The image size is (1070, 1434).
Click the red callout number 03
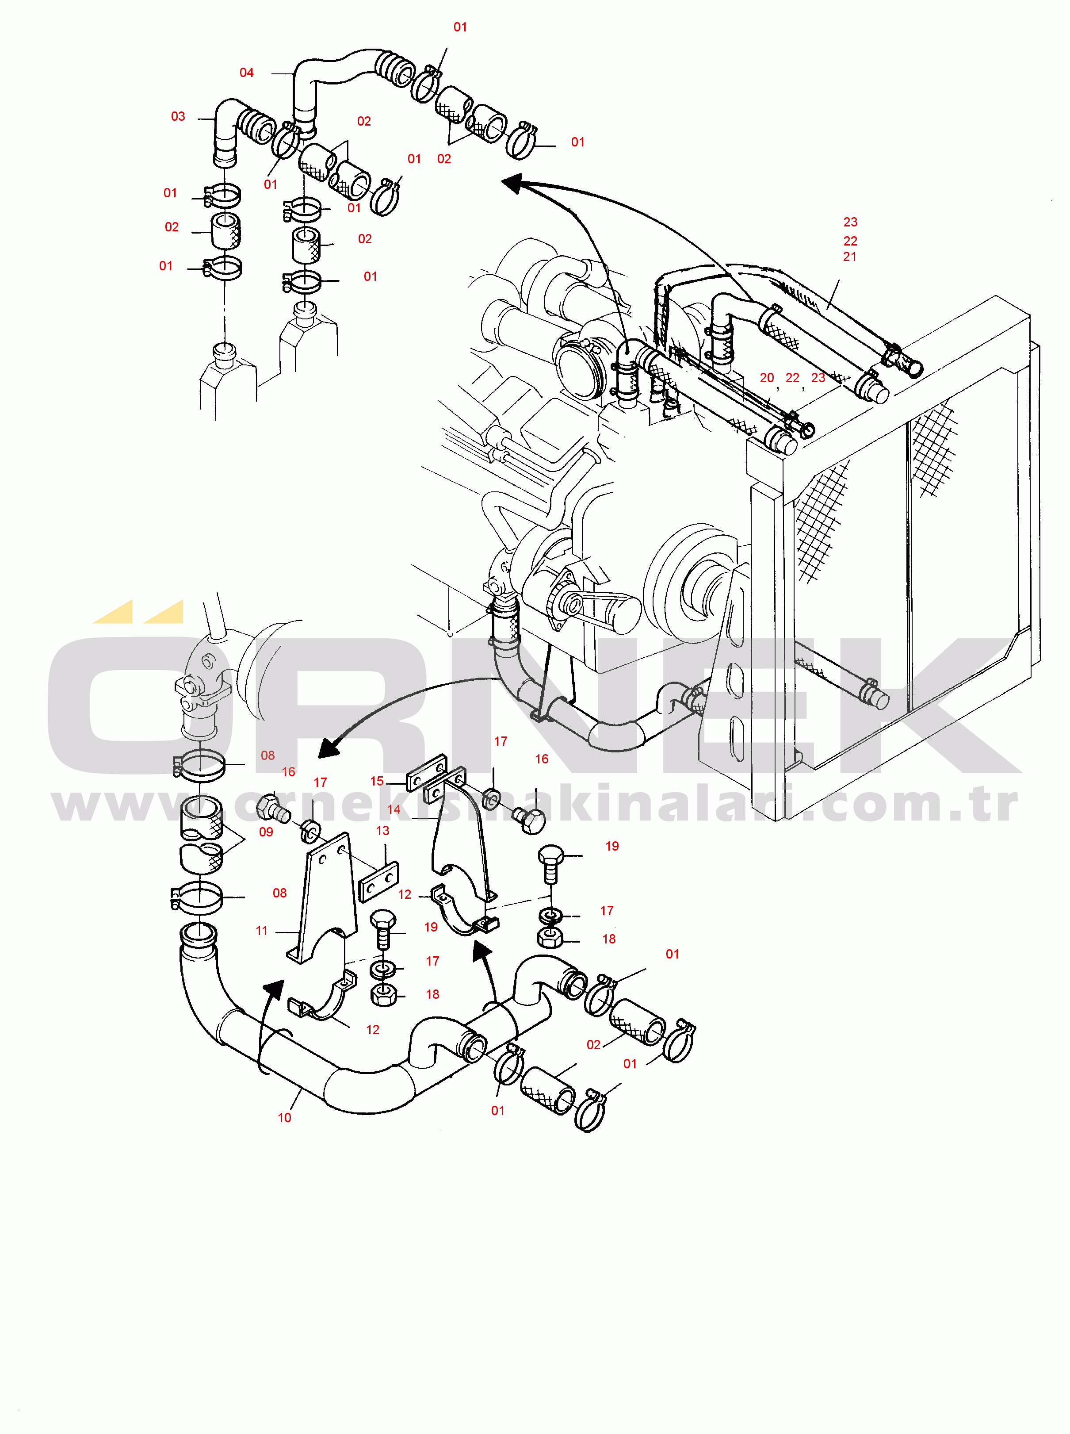pyautogui.click(x=178, y=117)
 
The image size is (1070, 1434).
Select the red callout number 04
pyautogui.click(x=247, y=73)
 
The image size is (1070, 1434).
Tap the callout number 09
pyautogui.click(x=266, y=832)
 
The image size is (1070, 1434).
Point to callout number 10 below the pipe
pyautogui.click(x=284, y=1118)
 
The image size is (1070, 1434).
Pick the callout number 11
pyautogui.click(x=262, y=931)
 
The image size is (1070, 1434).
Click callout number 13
pyautogui.click(x=383, y=831)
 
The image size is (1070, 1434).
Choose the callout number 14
pyautogui.click(x=394, y=809)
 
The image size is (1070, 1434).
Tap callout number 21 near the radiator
pyautogui.click(x=850, y=257)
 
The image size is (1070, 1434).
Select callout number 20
pyautogui.click(x=767, y=378)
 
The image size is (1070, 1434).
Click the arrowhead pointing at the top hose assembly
pyautogui.click(x=515, y=184)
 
